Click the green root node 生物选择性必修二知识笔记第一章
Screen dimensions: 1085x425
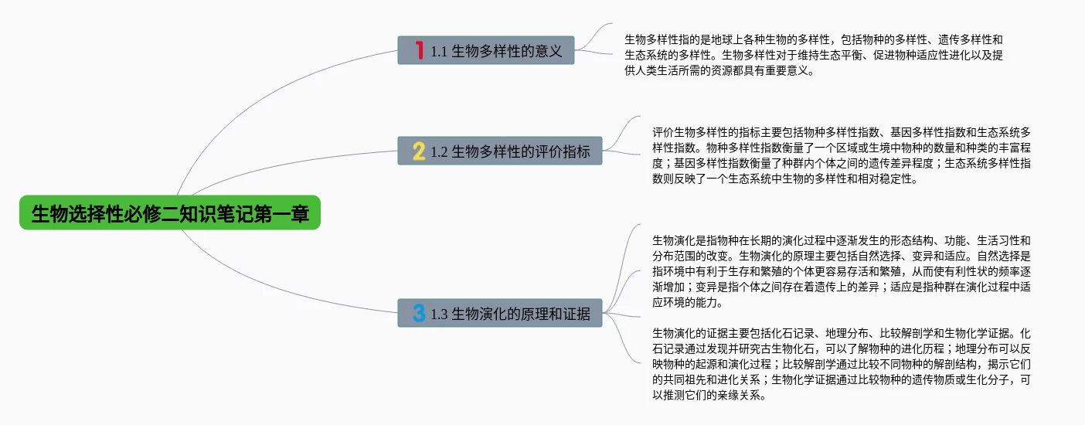point(170,213)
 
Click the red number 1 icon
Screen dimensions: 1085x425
point(420,51)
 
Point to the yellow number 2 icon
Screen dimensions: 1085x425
point(419,151)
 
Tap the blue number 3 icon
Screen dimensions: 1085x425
point(419,314)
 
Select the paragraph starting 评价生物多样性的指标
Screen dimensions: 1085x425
point(841,155)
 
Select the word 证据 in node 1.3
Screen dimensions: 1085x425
point(577,314)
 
